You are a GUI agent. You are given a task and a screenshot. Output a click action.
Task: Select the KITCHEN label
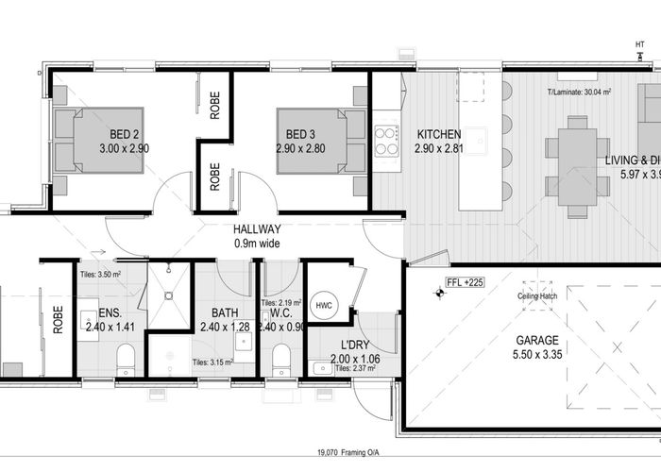(438, 134)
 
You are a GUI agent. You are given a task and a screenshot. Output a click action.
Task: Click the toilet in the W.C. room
(280, 358)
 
